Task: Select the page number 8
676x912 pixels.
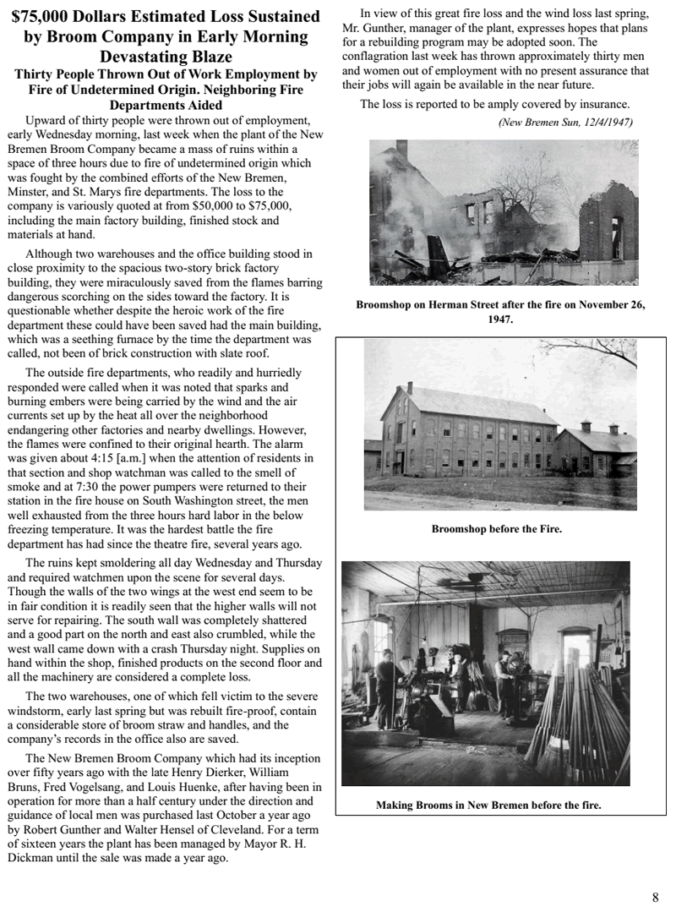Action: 655,898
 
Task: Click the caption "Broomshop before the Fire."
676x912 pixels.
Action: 497,529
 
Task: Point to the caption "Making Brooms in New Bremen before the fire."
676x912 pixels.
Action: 488,806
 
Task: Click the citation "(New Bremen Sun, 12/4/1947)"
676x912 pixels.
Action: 565,122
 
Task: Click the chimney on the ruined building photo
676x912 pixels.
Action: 402,152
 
